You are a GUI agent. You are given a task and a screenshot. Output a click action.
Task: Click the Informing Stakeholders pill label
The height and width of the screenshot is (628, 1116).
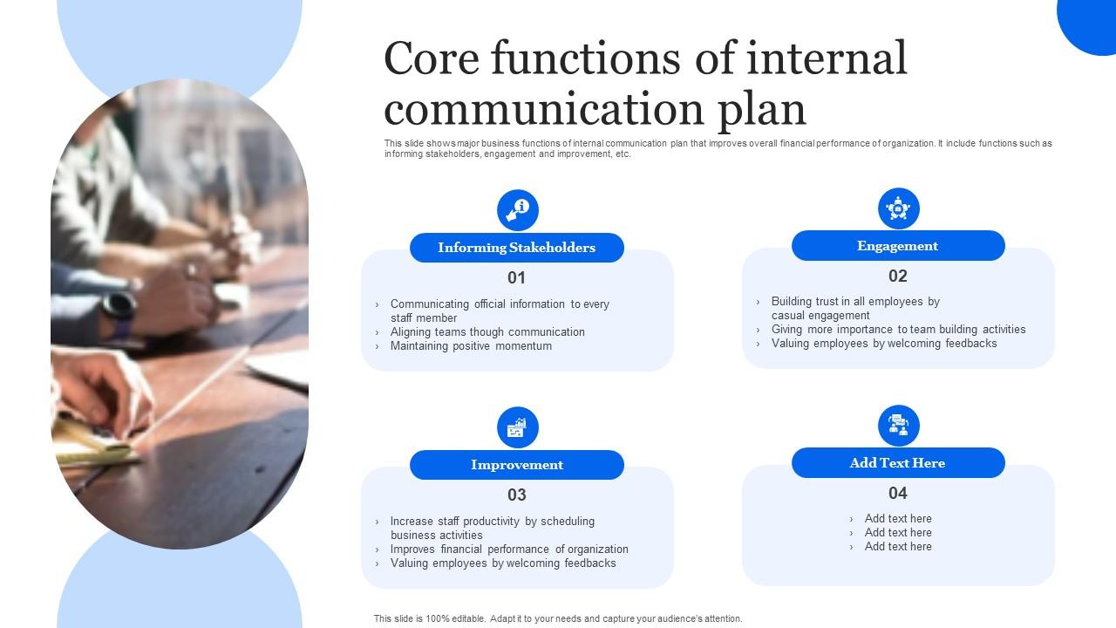[516, 248]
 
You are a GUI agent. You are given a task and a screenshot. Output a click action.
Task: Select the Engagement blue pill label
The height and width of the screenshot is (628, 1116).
[897, 246]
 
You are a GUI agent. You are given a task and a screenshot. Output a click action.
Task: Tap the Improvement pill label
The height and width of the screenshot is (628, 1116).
[516, 465]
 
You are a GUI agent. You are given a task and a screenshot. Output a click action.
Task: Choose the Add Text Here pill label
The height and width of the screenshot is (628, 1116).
[897, 463]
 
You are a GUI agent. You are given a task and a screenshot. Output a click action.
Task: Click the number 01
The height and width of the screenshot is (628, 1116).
[517, 278]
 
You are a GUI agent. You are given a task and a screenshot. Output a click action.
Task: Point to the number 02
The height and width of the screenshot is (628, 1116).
[898, 276]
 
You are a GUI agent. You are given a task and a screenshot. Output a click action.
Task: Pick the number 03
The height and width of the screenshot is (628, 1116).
[517, 495]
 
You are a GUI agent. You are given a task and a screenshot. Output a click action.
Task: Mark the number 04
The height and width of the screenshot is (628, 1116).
[898, 494]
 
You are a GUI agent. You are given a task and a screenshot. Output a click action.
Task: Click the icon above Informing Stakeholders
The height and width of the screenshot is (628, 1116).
[518, 210]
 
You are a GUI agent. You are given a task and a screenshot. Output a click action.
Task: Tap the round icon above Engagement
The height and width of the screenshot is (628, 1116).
[899, 208]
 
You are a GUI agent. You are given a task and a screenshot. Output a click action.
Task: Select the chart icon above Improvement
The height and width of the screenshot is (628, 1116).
[518, 427]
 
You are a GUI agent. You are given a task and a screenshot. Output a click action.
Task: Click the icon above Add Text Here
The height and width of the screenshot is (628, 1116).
[899, 426]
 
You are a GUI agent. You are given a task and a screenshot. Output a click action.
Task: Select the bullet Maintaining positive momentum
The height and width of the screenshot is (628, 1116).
[471, 346]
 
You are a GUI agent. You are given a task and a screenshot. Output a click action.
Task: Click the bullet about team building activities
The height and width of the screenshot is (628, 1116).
[898, 330]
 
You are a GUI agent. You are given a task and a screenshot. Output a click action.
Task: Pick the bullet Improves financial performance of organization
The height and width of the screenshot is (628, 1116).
[509, 549]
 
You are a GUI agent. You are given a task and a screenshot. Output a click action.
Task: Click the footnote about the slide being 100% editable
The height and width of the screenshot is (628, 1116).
[558, 618]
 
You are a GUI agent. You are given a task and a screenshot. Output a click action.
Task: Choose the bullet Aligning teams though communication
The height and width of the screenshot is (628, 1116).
[487, 332]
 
